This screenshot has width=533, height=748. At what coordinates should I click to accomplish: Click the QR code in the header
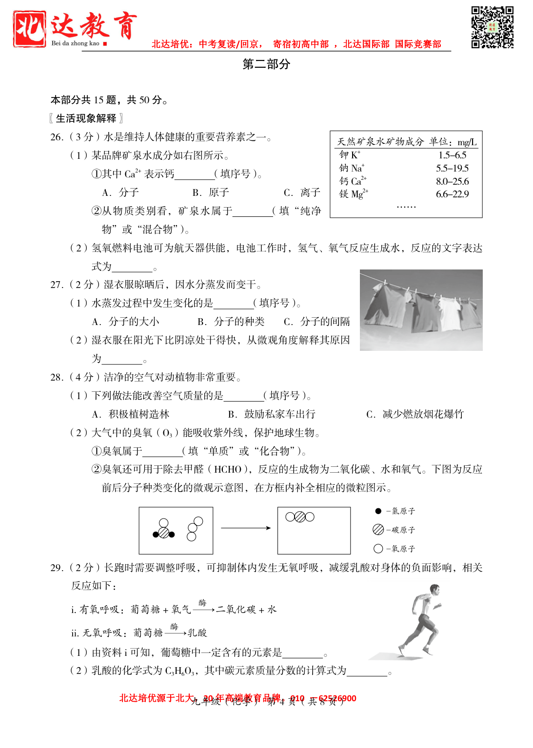[x=492, y=27]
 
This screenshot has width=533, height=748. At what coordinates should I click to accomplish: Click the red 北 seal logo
[x=30, y=29]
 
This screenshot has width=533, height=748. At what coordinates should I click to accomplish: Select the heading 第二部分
[x=266, y=64]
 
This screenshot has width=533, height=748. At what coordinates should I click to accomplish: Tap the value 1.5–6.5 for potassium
[x=452, y=155]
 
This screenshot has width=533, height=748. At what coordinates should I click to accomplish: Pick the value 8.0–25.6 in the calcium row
[x=452, y=181]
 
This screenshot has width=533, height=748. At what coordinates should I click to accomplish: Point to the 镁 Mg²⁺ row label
[x=354, y=194]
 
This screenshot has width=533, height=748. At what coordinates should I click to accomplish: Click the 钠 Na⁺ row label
[x=352, y=168]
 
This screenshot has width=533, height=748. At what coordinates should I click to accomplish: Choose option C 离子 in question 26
[x=302, y=192]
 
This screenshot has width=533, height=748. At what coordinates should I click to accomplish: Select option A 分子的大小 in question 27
[x=125, y=322]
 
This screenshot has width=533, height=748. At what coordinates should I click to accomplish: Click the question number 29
[x=57, y=568]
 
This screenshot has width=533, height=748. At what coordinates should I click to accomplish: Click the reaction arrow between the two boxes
[x=245, y=528]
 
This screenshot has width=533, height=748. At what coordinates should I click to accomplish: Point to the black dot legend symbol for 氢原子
[x=378, y=511]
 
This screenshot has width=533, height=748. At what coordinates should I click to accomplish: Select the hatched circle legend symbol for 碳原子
[x=378, y=530]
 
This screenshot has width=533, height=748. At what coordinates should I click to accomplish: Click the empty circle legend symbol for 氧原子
[x=378, y=549]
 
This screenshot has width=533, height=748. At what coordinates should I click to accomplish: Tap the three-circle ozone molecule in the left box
[x=195, y=529]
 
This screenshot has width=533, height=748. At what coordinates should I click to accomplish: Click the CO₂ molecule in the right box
[x=300, y=517]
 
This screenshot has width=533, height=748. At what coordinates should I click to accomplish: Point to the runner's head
[x=434, y=590]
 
